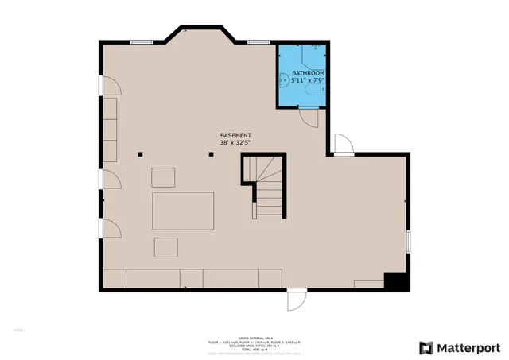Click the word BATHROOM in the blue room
[x=308, y=72]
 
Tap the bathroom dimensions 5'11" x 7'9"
[x=308, y=80]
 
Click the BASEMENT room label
[x=236, y=135]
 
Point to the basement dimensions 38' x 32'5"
[x=236, y=144]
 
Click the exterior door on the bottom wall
[x=295, y=300]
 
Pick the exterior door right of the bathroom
[x=342, y=145]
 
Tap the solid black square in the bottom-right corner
[x=395, y=281]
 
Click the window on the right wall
[x=408, y=239]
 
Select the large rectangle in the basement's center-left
[x=184, y=211]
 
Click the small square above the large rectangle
[x=165, y=176]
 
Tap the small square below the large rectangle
[x=167, y=247]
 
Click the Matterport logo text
[x=468, y=347]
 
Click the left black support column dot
[x=140, y=155]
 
